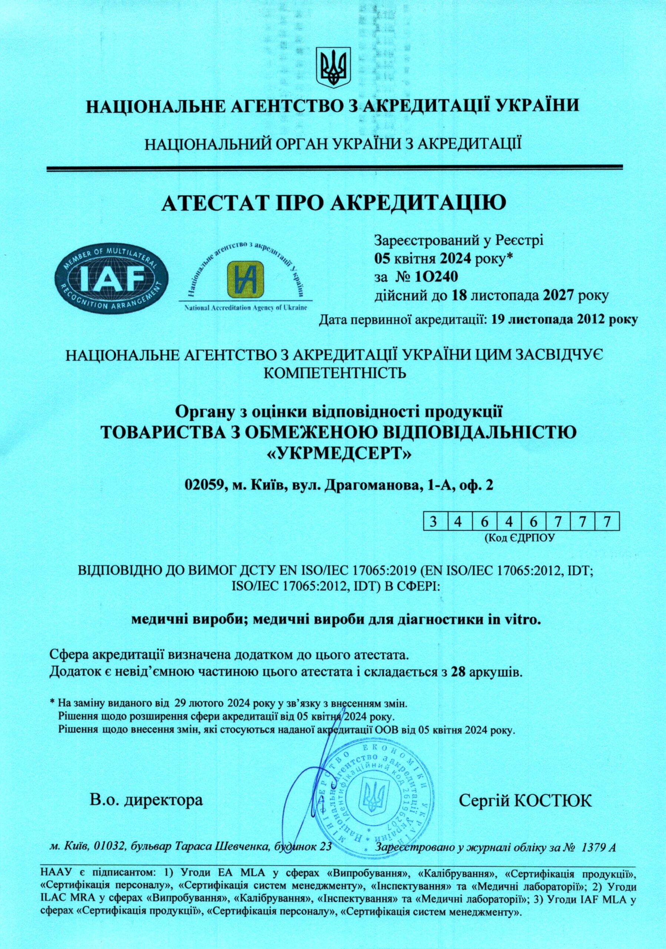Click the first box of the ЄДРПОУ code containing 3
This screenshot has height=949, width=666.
tap(433, 522)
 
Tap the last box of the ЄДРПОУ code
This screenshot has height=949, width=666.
tap(606, 522)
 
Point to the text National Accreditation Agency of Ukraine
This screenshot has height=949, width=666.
tap(245, 309)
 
